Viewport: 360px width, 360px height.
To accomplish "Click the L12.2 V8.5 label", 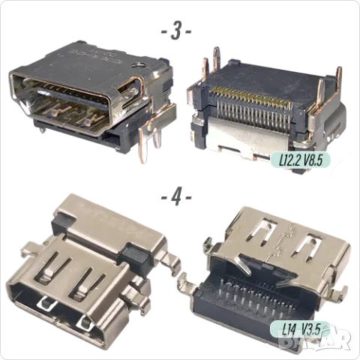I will click(x=310, y=159).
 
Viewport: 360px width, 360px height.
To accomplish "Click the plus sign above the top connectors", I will click(x=174, y=31).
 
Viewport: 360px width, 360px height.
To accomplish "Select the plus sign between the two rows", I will click(x=174, y=197).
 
